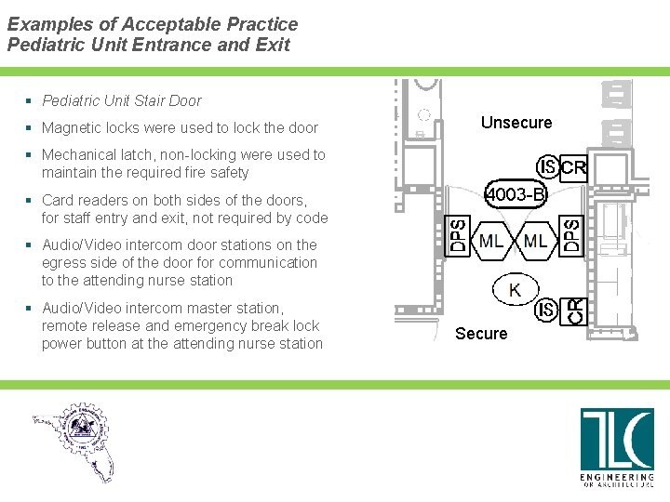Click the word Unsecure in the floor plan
coord(516,123)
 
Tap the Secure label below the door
coord(481,334)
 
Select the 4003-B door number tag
coord(516,195)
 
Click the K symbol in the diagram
coord(515,290)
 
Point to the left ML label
coord(492,242)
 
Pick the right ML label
coord(536,242)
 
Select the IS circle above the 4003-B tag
coord(547,167)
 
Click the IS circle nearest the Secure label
coord(547,309)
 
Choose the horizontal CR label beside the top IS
coord(574,168)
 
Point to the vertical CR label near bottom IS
coord(576,310)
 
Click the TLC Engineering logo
coord(617,447)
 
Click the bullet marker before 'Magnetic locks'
coord(31,128)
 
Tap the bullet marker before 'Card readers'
coord(31,200)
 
